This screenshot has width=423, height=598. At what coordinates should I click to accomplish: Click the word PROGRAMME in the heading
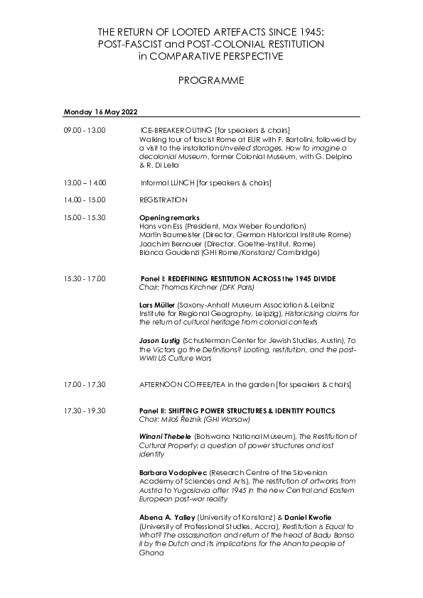(210, 80)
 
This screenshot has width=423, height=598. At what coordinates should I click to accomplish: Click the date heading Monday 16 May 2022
(100, 112)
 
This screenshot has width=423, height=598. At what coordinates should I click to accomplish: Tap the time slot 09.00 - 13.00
(84, 131)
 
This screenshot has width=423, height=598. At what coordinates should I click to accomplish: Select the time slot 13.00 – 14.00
(85, 183)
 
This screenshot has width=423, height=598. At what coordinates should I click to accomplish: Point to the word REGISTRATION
(164, 200)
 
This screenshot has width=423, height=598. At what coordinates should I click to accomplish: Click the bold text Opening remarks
(169, 217)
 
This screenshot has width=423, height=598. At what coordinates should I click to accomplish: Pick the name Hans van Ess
(160, 225)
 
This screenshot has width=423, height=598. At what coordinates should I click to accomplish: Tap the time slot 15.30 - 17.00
(84, 278)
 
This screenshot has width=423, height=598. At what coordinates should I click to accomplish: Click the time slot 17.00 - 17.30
(84, 384)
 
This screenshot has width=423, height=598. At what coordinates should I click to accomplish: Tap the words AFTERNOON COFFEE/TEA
(177, 384)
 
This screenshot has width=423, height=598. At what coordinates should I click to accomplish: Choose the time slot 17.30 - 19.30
(84, 411)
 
